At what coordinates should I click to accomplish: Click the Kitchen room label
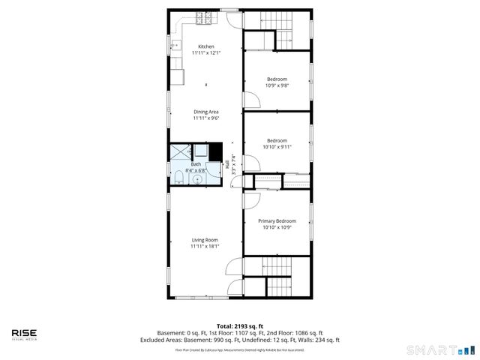pos(205,46)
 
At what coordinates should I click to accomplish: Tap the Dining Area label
pos(205,112)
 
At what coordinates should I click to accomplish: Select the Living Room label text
pos(204,239)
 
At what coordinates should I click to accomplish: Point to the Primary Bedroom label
pos(277,220)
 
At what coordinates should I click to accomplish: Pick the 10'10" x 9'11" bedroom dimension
pos(277,146)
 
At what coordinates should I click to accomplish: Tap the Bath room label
pos(196,163)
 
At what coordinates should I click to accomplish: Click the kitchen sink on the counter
pos(176,47)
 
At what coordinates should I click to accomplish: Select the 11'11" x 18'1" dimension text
pos(204,246)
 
